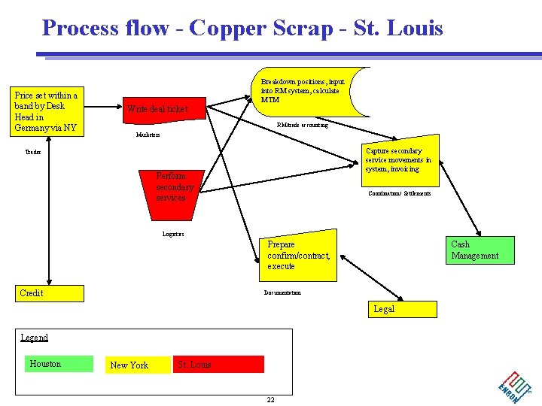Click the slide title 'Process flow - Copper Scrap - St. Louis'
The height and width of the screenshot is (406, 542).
pyautogui.click(x=242, y=29)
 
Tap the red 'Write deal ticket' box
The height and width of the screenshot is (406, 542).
pyautogui.click(x=163, y=110)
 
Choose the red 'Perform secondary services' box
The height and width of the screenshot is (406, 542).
pyautogui.click(x=175, y=187)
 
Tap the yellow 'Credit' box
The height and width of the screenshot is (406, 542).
pyautogui.click(x=50, y=293)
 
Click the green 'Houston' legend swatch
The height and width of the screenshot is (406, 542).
pyautogui.click(x=59, y=364)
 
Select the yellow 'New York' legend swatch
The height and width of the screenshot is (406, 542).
pyautogui.click(x=137, y=365)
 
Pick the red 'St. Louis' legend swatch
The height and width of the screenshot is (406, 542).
pyautogui.click(x=219, y=365)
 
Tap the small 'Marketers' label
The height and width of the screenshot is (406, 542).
pyautogui.click(x=148, y=135)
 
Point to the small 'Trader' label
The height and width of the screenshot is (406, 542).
pyautogui.click(x=33, y=152)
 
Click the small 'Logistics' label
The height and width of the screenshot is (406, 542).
pyautogui.click(x=173, y=234)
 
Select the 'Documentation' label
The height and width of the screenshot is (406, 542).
pyautogui.click(x=282, y=292)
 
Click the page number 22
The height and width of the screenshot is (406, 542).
pyautogui.click(x=270, y=399)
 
